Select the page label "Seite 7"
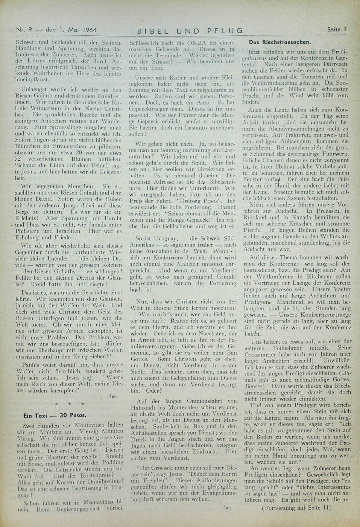click(336, 29)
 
